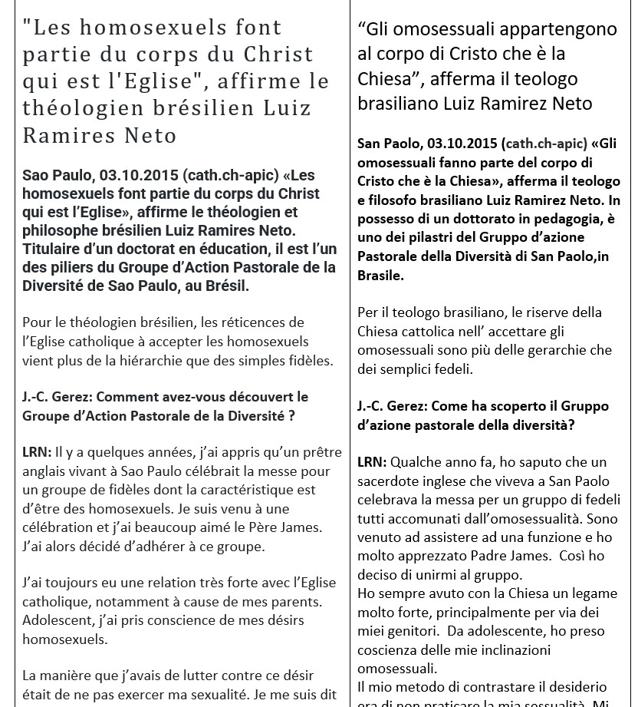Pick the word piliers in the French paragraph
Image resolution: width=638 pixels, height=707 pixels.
coord(73,267)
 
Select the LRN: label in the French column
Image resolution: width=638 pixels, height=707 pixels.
coord(37,453)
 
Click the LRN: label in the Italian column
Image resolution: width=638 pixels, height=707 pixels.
coord(372,462)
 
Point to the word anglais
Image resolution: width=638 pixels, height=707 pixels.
coord(45,471)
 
